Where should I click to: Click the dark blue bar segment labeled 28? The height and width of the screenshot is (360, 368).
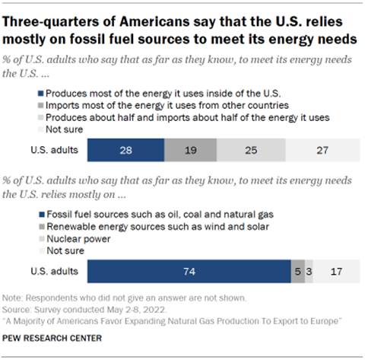pos(125,149)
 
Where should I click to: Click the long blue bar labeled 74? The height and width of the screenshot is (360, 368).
pos(189,271)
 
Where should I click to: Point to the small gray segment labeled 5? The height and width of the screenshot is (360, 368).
pos(297,271)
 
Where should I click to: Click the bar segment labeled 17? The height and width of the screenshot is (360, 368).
pos(335,271)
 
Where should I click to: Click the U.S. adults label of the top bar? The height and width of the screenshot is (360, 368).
pos(58,149)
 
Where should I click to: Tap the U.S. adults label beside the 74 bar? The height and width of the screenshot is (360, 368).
pos(58,271)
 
